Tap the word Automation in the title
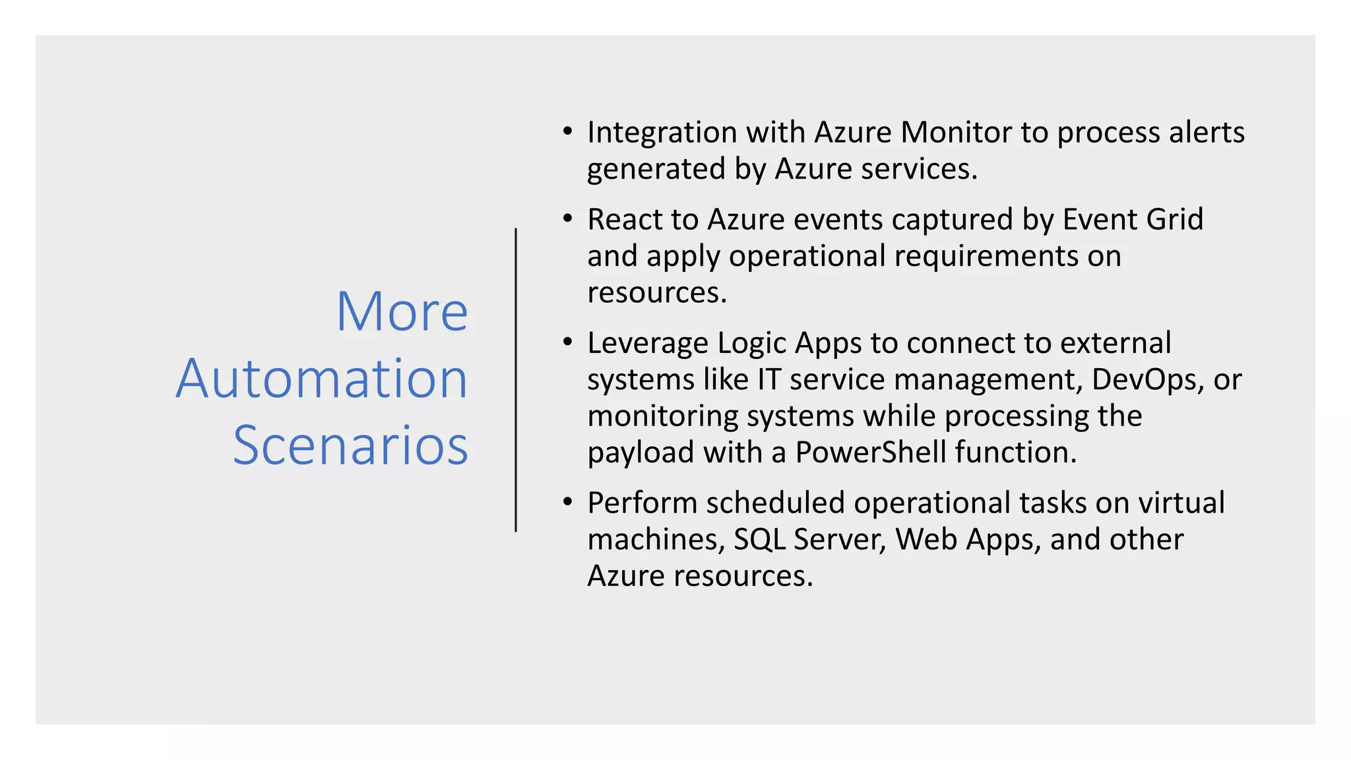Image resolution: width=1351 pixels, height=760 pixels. pos(322,379)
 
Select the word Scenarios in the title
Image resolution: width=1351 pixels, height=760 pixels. pos(350,446)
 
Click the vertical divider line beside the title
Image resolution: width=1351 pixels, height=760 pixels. pos(516,380)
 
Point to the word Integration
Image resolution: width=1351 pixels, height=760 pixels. pos(662,133)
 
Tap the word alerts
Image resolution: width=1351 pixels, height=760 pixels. pos(1207,133)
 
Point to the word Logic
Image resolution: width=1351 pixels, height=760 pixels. pos(752,344)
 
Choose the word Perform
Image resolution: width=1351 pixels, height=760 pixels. pos(642,503)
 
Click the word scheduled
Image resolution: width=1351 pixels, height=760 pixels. pos(775,503)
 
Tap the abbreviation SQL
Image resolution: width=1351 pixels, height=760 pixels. pos(759,540)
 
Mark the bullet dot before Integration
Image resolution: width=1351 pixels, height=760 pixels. pos(567,131)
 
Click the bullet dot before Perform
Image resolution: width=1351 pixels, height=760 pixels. pos(567,502)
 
